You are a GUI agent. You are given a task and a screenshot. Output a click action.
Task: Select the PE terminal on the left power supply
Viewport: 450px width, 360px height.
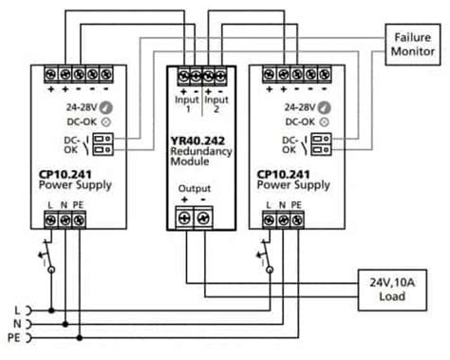[81, 219]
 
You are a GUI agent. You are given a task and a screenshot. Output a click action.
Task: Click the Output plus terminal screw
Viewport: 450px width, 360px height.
[184, 218]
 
